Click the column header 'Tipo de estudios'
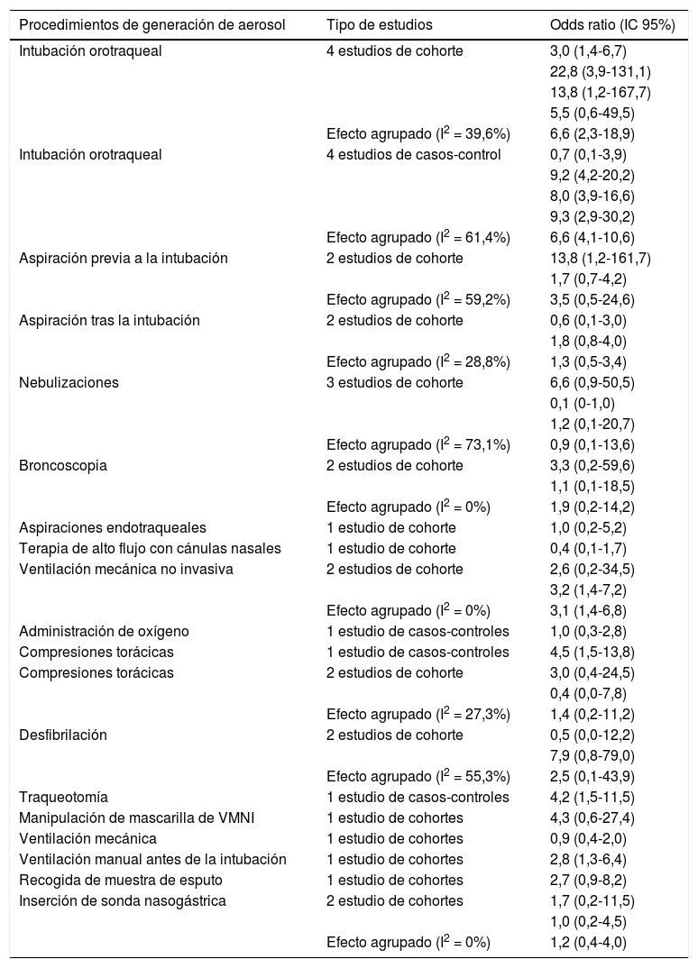380,25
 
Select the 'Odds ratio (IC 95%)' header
612,25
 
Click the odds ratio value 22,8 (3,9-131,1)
599,72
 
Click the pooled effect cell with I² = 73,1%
418,445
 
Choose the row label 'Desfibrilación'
63,735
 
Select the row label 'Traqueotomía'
64,797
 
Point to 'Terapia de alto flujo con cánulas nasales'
153,549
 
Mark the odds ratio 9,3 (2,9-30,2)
592,216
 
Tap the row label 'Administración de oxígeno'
105,631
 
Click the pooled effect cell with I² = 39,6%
418,134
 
